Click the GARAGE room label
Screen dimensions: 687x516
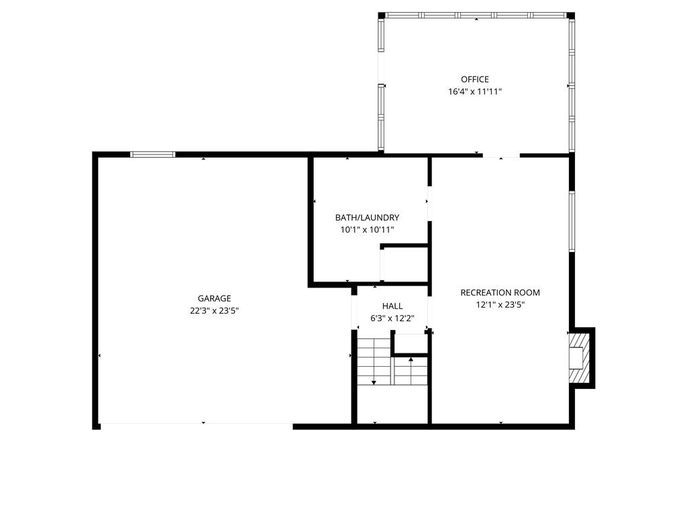coord(214,298)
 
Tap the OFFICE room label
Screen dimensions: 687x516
coord(474,79)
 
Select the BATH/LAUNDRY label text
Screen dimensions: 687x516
coord(367,217)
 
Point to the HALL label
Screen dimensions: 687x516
coord(392,306)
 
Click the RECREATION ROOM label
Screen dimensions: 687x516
coord(500,293)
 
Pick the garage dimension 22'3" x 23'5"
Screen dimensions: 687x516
coord(214,310)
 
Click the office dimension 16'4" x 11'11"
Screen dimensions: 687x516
coord(474,91)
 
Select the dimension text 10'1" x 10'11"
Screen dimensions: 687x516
coord(367,230)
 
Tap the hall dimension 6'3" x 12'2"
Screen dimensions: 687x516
coord(392,318)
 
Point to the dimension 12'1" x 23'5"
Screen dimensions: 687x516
coord(500,305)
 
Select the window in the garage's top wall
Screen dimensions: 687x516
coord(153,155)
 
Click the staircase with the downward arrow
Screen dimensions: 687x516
coord(374,361)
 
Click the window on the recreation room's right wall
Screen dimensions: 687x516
coord(572,221)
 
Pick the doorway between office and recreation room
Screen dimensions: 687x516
coord(501,155)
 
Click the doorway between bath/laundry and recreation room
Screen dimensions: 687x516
coord(429,204)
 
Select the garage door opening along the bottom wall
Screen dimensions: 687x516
coord(197,425)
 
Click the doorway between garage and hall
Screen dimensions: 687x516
coord(354,312)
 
